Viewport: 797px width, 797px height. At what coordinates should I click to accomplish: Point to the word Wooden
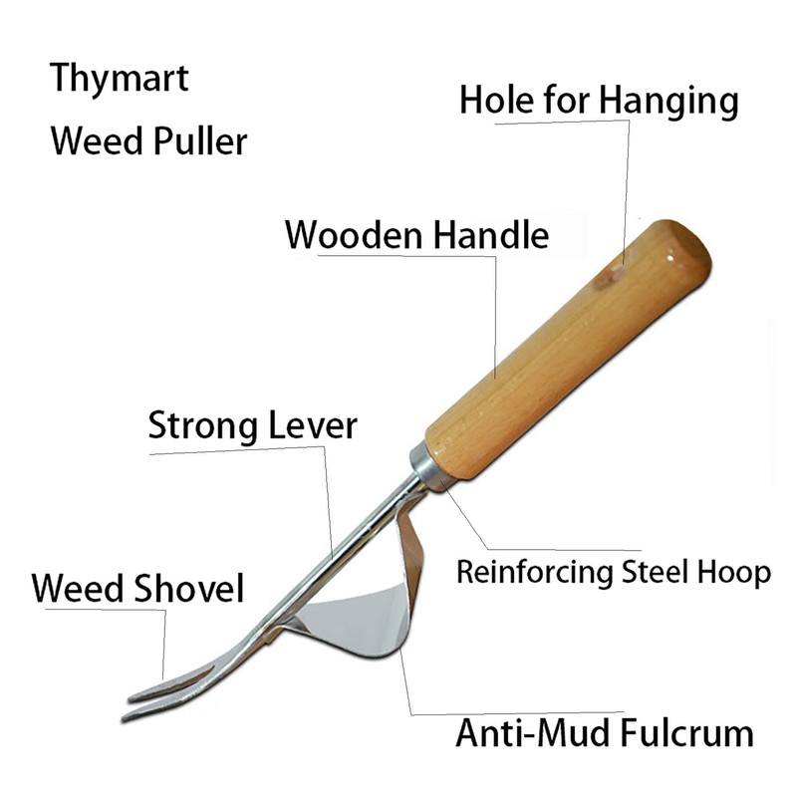pyautogui.click(x=355, y=235)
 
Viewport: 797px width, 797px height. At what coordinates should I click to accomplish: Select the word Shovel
pyautogui.click(x=189, y=588)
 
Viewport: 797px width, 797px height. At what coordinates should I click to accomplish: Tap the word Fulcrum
pyautogui.click(x=687, y=735)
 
